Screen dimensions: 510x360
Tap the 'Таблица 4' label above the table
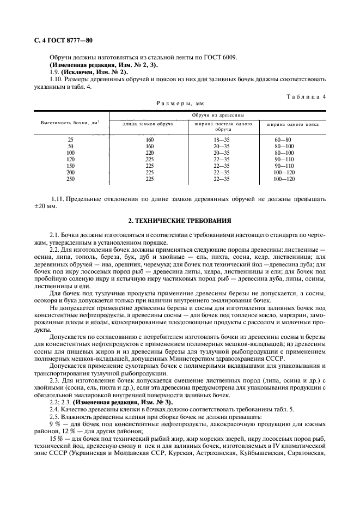pos(306,96)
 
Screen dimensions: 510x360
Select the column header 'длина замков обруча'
pos(149,124)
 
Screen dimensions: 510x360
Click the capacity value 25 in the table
pos(70,140)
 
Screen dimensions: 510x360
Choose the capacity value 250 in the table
pos(70,179)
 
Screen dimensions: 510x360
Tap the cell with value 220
pos(150,153)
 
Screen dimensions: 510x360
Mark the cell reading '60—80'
pos(283,140)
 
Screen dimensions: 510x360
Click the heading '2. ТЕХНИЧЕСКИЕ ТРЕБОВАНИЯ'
pos(180,221)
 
